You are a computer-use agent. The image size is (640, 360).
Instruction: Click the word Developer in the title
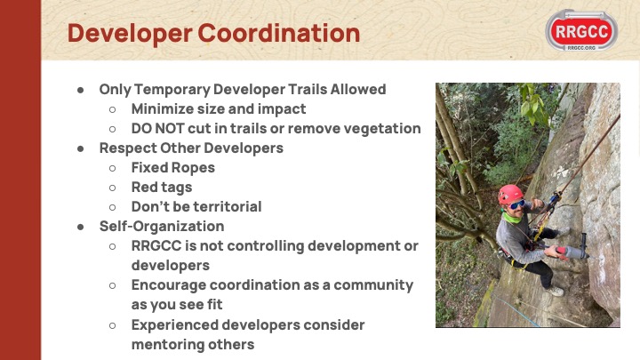point(130,34)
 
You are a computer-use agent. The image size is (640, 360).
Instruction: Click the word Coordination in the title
point(279,33)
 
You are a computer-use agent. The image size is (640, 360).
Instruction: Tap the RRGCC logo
point(581,30)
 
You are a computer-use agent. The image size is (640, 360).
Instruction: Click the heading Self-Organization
point(162,227)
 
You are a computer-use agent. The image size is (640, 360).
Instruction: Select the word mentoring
point(168,345)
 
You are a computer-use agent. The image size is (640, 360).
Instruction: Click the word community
point(373,285)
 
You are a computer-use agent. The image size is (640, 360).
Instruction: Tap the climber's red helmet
point(510,194)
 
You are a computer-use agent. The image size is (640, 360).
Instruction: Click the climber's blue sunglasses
point(516,204)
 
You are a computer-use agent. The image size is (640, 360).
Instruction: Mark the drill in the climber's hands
point(572,250)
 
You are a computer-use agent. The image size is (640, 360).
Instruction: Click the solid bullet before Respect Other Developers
point(80,148)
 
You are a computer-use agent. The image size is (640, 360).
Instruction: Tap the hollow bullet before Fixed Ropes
point(112,168)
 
